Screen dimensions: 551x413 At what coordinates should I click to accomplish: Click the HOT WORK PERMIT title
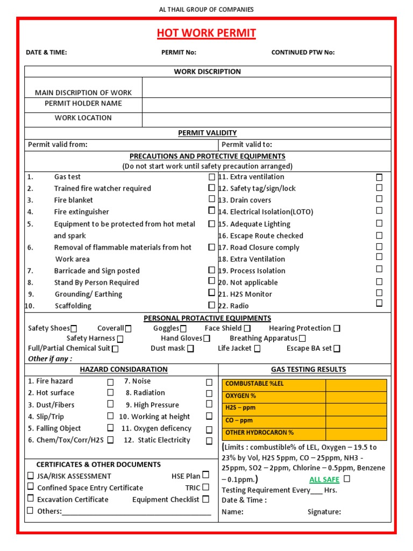(206, 34)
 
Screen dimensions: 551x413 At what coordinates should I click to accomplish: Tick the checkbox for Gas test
(212, 176)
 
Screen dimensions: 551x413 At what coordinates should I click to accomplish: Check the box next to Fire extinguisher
(212, 211)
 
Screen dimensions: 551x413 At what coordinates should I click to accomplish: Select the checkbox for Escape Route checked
(379, 235)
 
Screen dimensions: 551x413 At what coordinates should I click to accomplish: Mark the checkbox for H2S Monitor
(379, 293)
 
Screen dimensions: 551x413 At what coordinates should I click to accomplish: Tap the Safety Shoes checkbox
(74, 329)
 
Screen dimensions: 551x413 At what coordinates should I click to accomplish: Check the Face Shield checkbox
(247, 328)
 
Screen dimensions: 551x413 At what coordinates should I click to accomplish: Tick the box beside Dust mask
(190, 349)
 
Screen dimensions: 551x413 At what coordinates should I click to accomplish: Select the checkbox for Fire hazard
(110, 382)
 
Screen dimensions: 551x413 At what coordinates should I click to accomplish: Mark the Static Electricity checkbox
(209, 441)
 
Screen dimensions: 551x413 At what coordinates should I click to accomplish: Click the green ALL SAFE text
(324, 479)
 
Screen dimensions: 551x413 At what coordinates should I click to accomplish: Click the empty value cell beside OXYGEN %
(355, 397)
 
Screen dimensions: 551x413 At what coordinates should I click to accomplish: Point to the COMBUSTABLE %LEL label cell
(273, 384)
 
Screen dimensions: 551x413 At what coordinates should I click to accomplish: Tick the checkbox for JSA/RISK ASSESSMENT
(31, 476)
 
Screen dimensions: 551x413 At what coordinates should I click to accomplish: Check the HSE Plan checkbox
(205, 475)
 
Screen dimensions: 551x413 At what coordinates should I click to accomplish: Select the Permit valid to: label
(247, 144)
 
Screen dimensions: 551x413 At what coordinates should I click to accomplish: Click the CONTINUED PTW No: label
(303, 52)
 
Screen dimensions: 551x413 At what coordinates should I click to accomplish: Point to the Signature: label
(324, 512)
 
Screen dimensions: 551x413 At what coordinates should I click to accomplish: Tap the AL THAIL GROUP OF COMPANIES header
(206, 9)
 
